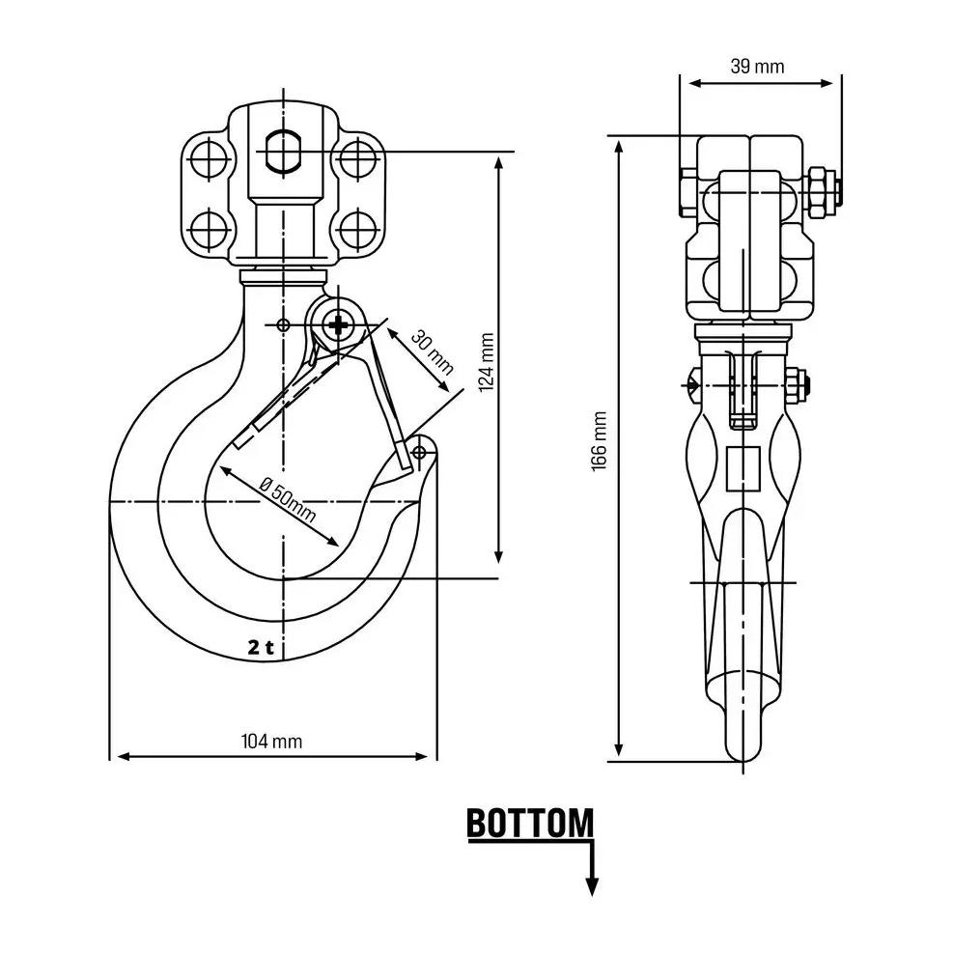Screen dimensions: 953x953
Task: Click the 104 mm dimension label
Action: pyautogui.click(x=271, y=742)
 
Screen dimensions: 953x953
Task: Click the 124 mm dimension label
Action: pyautogui.click(x=487, y=362)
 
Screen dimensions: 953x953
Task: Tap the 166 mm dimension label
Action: pyautogui.click(x=600, y=440)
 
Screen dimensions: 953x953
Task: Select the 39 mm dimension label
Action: pyautogui.click(x=757, y=66)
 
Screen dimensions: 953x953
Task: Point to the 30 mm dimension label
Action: pyautogui.click(x=433, y=351)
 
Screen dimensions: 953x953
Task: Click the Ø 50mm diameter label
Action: pyautogui.click(x=288, y=501)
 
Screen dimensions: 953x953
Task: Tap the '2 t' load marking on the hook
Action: pyautogui.click(x=261, y=647)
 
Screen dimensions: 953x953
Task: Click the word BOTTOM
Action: pyautogui.click(x=530, y=823)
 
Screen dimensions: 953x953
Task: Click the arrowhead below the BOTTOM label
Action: pyautogui.click(x=592, y=887)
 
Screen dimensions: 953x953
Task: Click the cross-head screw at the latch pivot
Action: pyautogui.click(x=337, y=324)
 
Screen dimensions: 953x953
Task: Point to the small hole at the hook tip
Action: pyautogui.click(x=419, y=452)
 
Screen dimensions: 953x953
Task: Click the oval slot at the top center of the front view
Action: pyautogui.click(x=283, y=151)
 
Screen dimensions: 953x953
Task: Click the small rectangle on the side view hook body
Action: pyautogui.click(x=743, y=468)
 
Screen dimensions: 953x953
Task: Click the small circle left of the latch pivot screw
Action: pyautogui.click(x=283, y=325)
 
